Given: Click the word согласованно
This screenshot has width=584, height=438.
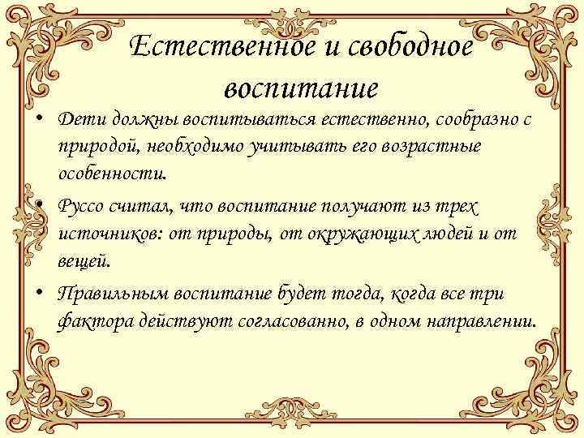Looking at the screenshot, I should pos(290,321).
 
